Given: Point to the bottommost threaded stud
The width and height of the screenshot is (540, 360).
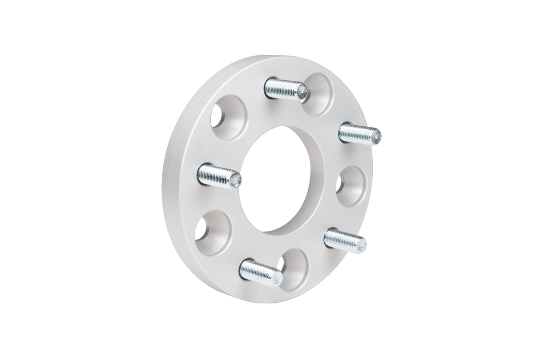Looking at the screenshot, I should point(260,272).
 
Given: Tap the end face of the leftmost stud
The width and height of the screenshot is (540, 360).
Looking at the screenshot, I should point(236,180).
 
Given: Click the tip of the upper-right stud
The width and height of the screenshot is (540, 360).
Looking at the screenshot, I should point(376,135).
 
